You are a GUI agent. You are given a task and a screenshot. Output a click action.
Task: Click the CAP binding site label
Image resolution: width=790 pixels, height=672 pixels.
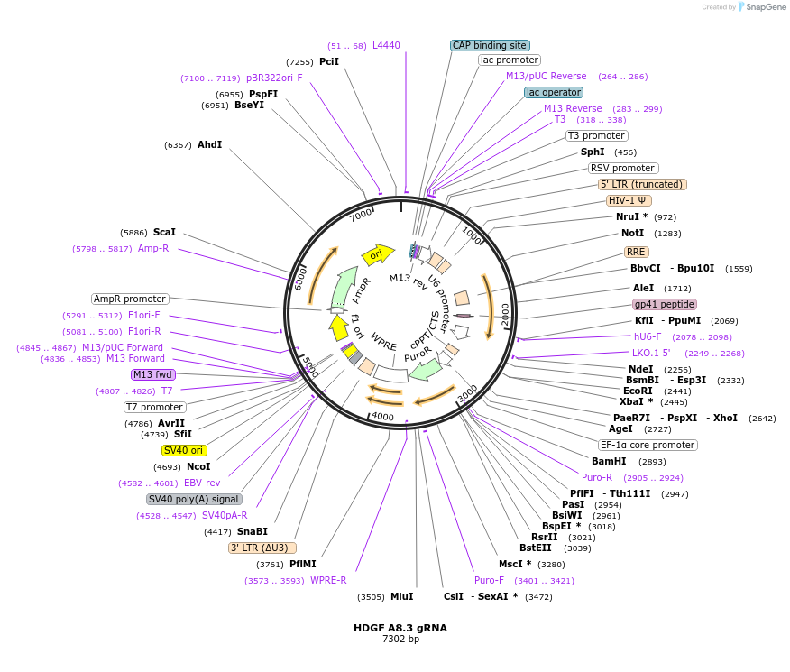490,45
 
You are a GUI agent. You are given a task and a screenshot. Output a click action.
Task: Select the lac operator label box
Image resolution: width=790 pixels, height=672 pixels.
554,92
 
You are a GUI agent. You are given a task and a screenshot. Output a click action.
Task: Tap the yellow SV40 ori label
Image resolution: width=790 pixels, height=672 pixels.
184,450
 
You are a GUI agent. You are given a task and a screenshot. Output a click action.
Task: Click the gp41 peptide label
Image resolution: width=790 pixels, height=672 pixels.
665,304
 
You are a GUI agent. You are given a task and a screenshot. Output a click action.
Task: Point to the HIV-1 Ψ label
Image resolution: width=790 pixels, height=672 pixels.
629,200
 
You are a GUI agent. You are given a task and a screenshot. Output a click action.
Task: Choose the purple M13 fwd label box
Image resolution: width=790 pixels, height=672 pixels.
152,374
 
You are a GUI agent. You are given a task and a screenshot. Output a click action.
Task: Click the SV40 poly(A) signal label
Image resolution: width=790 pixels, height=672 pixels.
194,499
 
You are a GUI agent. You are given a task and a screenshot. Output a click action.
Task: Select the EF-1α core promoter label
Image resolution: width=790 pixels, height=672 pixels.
648,445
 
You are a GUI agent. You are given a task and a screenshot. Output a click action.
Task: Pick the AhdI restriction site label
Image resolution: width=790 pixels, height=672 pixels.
209,144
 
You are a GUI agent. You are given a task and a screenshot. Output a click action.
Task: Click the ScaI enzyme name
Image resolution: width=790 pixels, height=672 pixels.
164,232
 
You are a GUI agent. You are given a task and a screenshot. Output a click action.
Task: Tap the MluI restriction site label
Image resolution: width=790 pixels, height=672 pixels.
401,596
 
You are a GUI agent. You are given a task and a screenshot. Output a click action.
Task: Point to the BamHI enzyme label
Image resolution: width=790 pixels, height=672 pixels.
609,461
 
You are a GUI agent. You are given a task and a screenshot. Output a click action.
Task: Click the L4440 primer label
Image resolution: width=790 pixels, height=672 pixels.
386,45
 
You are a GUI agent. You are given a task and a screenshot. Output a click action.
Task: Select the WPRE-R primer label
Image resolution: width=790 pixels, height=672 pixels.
328,580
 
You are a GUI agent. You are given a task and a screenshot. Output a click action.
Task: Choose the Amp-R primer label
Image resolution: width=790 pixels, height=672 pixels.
153,248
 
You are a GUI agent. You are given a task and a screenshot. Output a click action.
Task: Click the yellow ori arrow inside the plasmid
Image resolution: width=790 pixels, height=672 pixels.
377,255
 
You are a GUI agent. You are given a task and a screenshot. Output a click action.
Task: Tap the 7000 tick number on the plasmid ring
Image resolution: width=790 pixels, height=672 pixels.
361,215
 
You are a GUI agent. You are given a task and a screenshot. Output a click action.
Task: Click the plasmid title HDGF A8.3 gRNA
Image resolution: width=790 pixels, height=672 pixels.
400,628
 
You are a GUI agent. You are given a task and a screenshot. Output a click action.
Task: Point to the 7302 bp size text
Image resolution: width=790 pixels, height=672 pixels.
400,640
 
